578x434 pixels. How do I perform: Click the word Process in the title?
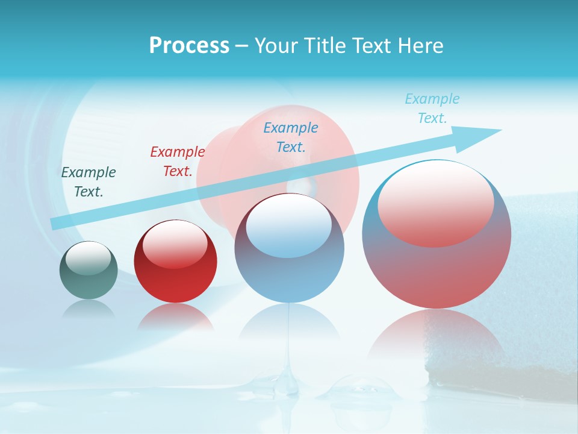[x=189, y=46]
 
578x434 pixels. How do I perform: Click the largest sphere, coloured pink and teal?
[x=437, y=271]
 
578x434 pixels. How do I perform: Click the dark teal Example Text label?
[x=89, y=182]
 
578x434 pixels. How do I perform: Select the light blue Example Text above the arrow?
[x=432, y=108]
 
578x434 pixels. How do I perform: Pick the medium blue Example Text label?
[x=291, y=137]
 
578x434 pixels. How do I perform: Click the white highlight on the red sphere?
[x=175, y=244]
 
